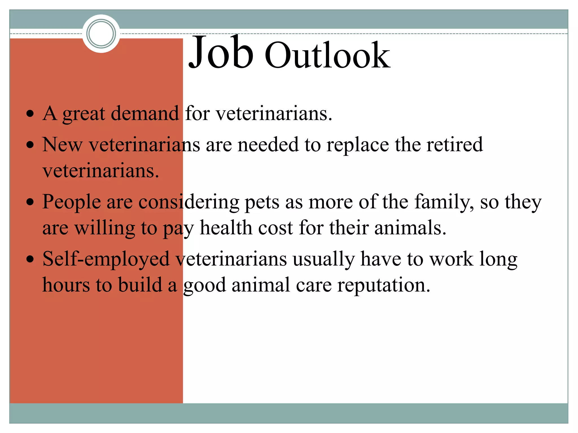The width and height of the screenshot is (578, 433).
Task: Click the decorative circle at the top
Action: [101, 34]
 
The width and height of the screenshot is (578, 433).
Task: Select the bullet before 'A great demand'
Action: [30, 114]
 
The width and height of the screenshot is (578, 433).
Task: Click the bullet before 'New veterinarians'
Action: [30, 145]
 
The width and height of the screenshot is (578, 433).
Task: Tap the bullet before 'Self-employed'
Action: [30, 259]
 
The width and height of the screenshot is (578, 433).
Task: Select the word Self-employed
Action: [106, 259]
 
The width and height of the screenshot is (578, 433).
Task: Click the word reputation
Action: [384, 285]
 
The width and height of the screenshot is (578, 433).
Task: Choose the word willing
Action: [104, 228]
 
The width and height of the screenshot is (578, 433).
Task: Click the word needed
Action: [268, 144]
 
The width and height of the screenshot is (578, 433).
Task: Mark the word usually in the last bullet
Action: [323, 259]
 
